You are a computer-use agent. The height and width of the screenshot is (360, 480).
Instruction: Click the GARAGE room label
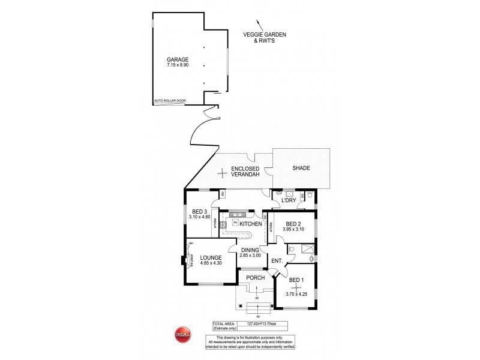click(x=178, y=59)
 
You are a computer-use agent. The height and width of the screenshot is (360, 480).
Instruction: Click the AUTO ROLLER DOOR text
click(x=166, y=101)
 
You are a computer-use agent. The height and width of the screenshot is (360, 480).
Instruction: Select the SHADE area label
click(x=301, y=168)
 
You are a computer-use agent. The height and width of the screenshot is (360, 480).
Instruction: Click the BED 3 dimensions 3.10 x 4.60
click(x=199, y=217)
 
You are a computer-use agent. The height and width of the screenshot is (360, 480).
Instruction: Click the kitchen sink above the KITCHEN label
click(x=238, y=214)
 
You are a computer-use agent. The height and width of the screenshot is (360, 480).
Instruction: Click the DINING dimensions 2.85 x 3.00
click(x=250, y=255)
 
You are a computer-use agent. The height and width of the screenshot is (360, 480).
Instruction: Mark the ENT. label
click(x=277, y=260)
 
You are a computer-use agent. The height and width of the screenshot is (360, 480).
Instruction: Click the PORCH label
click(x=256, y=278)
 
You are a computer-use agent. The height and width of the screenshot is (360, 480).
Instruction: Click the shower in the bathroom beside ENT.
click(x=307, y=250)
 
